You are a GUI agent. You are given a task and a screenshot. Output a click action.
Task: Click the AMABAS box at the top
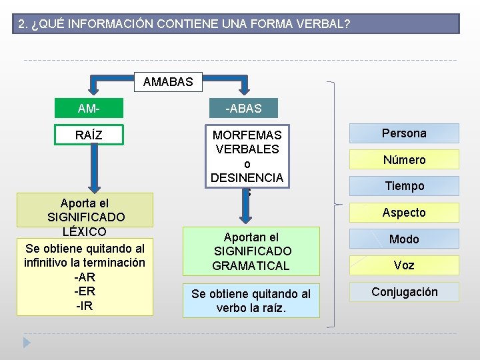168,82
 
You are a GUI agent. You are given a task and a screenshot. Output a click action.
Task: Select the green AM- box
89,109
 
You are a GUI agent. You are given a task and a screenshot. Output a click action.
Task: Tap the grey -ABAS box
243,109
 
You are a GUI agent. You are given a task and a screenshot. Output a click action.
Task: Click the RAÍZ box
89,135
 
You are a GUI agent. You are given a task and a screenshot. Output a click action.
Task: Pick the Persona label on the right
403,133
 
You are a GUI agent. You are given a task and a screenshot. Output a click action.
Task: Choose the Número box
403,159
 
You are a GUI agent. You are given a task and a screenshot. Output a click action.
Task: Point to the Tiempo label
403,186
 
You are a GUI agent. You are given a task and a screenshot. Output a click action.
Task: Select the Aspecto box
403,213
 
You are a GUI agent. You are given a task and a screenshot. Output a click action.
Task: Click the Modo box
403,239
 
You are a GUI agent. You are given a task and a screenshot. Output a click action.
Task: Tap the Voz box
403,265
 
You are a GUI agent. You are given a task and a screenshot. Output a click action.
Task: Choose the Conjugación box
404,292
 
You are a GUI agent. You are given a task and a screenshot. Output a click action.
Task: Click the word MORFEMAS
247,135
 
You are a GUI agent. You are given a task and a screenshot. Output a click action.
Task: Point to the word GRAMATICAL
251,266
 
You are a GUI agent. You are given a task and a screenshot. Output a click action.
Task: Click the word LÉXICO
85,232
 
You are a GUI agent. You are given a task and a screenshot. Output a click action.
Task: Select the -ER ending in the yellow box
85,291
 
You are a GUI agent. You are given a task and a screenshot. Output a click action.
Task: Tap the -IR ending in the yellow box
85,306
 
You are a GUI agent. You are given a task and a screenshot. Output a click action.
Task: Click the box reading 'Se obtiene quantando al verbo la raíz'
251,301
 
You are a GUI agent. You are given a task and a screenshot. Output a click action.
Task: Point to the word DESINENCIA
247,178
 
